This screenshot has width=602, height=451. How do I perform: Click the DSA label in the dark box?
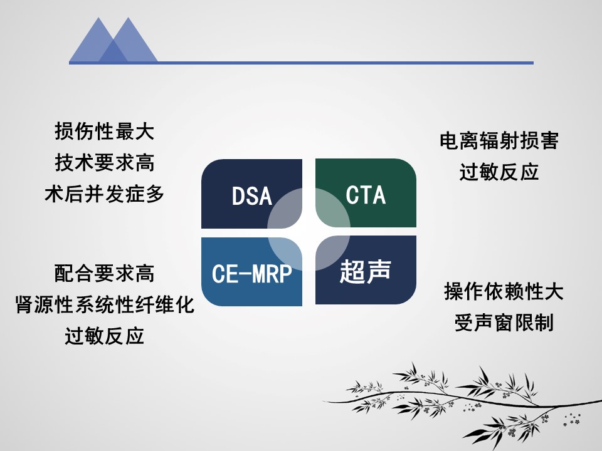click(252, 196)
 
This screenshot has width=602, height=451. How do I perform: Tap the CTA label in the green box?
click(366, 195)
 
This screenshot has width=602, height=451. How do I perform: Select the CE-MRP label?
click(252, 274)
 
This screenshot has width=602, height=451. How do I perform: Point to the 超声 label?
click(365, 271)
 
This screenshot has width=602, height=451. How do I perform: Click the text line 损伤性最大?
click(105, 131)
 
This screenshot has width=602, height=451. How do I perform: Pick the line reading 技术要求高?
click(105, 162)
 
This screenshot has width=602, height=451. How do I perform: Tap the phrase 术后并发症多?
click(105, 194)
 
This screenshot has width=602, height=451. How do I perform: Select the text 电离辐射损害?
click(499, 141)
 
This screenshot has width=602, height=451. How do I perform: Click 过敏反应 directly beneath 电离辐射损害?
click(499, 172)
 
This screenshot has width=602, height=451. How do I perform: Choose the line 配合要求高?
click(105, 274)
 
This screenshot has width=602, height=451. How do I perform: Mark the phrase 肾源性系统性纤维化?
click(105, 305)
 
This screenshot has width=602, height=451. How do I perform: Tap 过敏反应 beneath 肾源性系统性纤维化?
click(105, 336)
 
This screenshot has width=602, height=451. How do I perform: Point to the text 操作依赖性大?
click(504, 291)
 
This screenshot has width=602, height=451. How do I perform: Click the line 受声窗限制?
click(504, 323)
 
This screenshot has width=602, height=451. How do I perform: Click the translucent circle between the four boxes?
click(309, 229)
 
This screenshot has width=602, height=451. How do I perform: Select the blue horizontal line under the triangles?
click(302, 63)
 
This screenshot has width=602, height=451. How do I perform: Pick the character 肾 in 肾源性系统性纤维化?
click(24, 305)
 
